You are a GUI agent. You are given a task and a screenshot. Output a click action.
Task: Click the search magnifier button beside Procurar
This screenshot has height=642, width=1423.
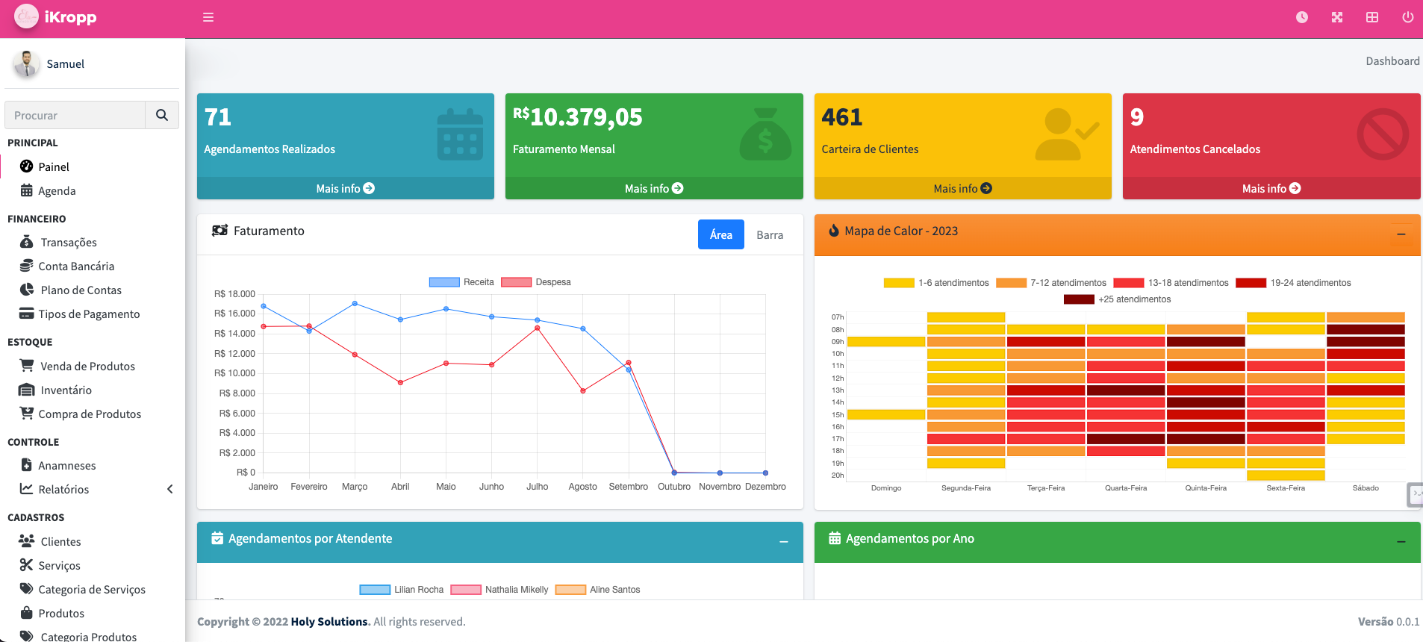click(162, 115)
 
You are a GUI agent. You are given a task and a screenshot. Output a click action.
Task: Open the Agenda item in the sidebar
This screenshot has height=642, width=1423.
click(57, 191)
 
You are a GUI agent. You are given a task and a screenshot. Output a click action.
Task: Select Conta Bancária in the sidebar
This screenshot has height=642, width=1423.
click(76, 267)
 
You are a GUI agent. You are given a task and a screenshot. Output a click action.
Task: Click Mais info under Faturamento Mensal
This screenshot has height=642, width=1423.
click(653, 189)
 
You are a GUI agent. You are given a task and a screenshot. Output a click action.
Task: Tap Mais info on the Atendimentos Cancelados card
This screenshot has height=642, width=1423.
click(1271, 189)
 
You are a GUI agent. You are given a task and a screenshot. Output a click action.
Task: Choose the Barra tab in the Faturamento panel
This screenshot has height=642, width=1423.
click(769, 235)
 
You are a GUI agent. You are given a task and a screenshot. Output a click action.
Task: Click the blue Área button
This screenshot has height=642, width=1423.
click(720, 235)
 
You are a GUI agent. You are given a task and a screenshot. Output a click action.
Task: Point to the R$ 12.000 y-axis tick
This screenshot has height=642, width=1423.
click(234, 354)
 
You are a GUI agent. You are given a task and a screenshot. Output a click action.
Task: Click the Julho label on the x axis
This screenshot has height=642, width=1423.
click(537, 487)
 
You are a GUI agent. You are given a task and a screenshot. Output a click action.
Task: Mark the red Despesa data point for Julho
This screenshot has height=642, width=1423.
click(538, 328)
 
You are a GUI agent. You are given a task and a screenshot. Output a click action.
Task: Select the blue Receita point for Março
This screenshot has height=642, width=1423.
click(355, 304)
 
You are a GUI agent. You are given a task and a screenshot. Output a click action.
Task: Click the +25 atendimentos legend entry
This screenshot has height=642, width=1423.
click(1133, 299)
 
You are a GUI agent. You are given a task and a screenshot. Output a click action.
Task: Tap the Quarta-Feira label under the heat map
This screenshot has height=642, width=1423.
click(1125, 488)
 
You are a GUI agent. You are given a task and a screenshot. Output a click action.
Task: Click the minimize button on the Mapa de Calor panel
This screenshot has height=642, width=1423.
click(1401, 235)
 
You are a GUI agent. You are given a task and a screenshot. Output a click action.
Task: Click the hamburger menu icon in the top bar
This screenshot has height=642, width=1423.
click(208, 17)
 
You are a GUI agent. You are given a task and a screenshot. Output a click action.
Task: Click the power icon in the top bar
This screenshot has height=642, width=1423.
click(1407, 17)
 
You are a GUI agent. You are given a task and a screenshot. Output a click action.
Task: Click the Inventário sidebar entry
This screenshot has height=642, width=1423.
click(66, 390)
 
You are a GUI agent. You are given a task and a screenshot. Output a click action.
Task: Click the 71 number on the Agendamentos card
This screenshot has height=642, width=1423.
click(218, 117)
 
